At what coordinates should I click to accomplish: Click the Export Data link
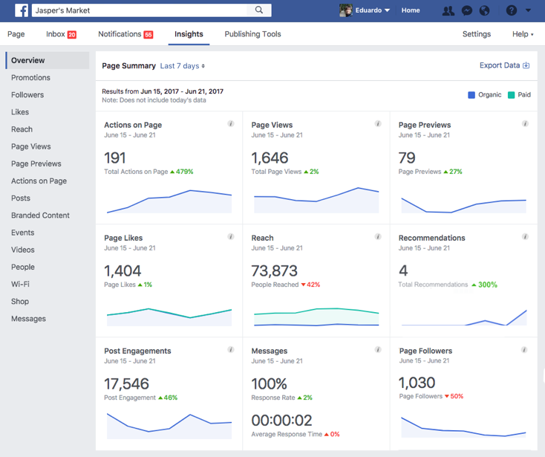point(504,65)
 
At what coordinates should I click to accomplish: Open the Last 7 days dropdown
point(182,66)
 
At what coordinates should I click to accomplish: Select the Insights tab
point(189,34)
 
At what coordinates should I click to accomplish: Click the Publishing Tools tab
point(252,34)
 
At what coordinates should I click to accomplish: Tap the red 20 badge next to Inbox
point(72,35)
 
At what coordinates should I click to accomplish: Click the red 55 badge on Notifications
point(149,35)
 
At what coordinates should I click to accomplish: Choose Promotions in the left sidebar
point(30,78)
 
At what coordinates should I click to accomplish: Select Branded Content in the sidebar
point(40,215)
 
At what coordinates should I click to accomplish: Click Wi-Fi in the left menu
point(20,285)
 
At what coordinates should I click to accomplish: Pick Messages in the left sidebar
point(28,319)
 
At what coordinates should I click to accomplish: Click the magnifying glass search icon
point(259,10)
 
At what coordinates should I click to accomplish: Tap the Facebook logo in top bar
point(22,10)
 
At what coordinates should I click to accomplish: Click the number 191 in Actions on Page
point(115,158)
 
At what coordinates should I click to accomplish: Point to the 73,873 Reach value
point(274,270)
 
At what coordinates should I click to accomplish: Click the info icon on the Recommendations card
point(525,237)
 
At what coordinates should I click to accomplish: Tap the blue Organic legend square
point(471,95)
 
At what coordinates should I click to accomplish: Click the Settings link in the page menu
point(476,34)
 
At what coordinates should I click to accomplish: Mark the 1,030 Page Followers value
point(417,383)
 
